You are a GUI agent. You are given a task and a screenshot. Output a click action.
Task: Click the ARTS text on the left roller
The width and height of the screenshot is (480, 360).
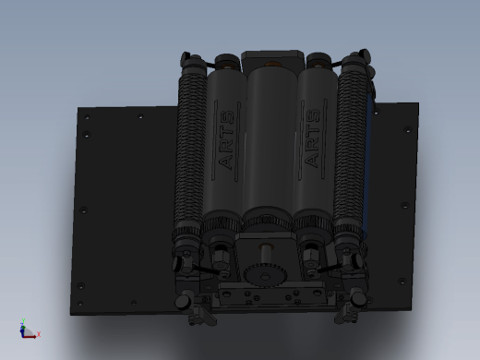pyautogui.click(x=227, y=139)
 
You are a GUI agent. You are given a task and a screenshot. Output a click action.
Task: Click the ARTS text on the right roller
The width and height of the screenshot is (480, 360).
pyautogui.click(x=312, y=138)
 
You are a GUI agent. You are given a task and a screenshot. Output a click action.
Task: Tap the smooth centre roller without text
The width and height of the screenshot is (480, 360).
pyautogui.click(x=271, y=138)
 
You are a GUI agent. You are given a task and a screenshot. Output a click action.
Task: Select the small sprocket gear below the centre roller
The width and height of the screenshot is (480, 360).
pyautogui.click(x=265, y=275)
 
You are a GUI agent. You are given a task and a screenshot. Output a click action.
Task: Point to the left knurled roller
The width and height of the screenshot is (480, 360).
pyautogui.click(x=190, y=148)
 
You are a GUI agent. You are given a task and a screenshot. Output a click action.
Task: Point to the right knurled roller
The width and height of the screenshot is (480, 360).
pyautogui.click(x=351, y=148)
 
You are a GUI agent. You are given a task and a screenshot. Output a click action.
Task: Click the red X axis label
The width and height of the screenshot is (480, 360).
pyautogui.click(x=39, y=334)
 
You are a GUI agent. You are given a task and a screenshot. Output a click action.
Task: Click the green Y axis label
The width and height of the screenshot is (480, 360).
pyautogui.click(x=23, y=321)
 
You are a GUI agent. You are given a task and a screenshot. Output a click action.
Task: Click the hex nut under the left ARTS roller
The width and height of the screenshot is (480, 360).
pyautogui.click(x=220, y=257)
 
